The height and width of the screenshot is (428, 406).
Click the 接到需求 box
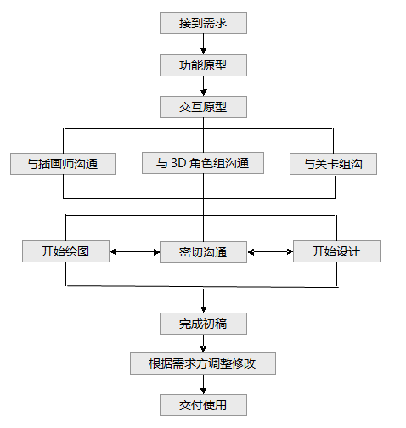(203, 23)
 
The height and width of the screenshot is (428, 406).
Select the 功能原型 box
(203, 65)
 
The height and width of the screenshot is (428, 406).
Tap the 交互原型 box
(203, 107)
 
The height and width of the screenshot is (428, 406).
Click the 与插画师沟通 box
(63, 164)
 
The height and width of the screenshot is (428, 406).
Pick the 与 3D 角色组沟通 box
(203, 163)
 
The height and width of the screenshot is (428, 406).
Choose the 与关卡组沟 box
(333, 164)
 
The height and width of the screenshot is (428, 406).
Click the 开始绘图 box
(65, 251)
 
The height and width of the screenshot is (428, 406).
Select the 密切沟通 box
(203, 252)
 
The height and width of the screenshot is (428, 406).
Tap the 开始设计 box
(336, 251)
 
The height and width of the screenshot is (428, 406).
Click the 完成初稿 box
(203, 324)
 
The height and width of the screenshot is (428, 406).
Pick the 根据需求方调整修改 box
(203, 363)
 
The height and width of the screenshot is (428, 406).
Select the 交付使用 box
(203, 405)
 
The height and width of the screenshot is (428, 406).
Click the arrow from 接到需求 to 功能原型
(203, 44)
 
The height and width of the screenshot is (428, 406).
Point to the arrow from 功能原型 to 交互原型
(203, 87)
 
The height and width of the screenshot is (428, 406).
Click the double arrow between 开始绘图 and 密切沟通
(134, 251)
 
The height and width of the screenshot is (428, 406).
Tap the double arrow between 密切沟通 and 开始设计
(270, 251)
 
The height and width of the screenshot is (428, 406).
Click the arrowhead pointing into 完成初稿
(203, 309)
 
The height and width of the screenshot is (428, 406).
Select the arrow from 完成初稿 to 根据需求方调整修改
(203, 344)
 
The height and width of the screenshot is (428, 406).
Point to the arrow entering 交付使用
(203, 385)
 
